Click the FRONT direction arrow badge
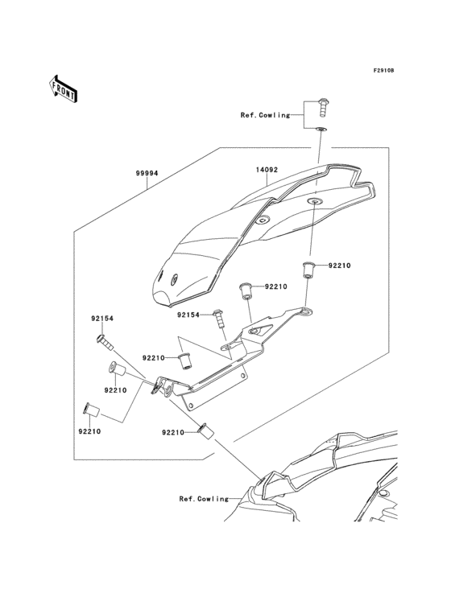tap(64, 88)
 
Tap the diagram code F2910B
tap(383, 71)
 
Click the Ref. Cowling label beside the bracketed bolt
tap(264, 115)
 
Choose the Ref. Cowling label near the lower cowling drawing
tap(204, 499)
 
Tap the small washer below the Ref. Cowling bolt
tap(321, 128)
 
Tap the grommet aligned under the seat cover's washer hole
tap(308, 268)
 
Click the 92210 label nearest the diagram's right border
tap(339, 265)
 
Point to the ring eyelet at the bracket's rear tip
tap(306, 311)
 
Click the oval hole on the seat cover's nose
tap(173, 279)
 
